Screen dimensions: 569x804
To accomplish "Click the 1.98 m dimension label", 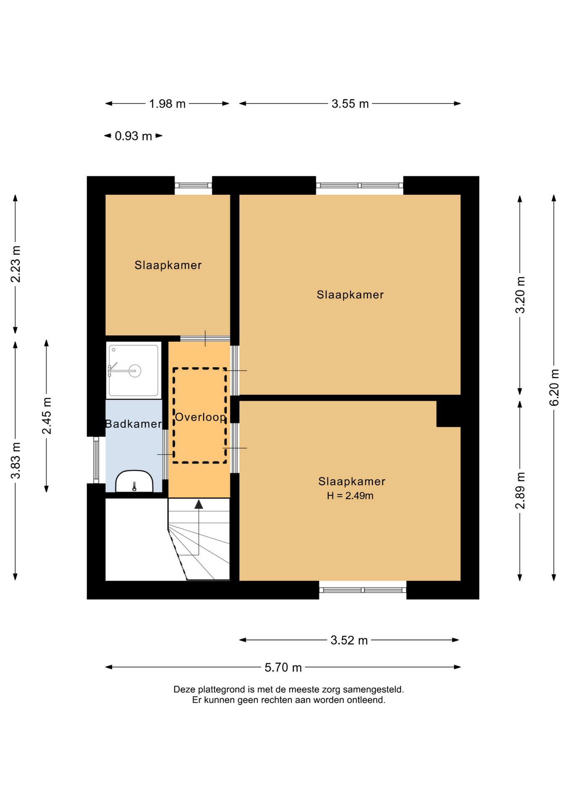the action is point(167,103).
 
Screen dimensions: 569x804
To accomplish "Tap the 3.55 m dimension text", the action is point(350,103).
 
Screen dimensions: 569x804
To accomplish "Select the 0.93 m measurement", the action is point(133,136).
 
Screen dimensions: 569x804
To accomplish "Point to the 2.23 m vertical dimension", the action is point(16,264).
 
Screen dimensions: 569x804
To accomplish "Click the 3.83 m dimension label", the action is point(16,460).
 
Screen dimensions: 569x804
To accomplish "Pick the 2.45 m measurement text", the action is point(47,416).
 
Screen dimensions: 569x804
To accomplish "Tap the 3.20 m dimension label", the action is point(520,295).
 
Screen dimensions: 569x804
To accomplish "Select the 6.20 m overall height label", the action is point(554,387).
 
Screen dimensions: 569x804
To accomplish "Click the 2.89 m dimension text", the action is point(520,491).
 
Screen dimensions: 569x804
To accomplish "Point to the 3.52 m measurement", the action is point(349,640).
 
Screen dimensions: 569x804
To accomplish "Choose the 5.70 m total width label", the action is point(283,667).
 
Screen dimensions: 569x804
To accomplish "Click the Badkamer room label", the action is point(133,424).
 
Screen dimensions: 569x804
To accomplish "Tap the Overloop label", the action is point(200,417).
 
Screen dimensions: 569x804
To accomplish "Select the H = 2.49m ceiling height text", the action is point(350,495).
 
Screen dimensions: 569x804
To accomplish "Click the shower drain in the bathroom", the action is point(135,371).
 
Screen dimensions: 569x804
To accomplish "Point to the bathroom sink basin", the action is point(134,482).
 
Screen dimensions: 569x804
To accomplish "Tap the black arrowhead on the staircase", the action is point(199,504).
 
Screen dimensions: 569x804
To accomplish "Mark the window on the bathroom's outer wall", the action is point(96,460).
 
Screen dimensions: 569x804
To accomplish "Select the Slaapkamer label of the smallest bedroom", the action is point(168,265).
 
